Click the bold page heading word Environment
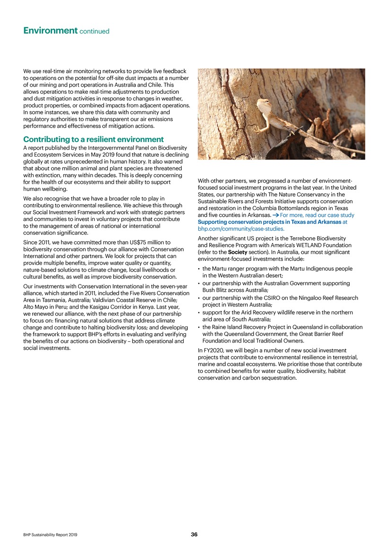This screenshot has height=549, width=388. tap(50, 31)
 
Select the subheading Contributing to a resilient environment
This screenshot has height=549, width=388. tap(94, 140)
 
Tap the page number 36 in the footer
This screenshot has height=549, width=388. tap(194, 534)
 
